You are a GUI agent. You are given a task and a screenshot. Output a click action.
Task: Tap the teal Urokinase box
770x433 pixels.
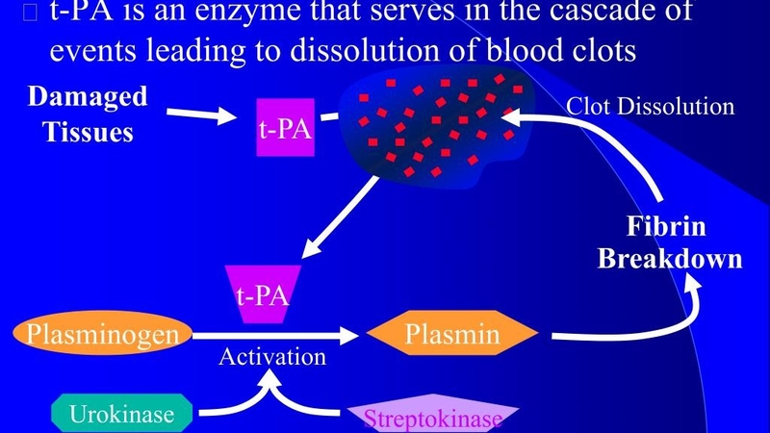click(x=127, y=414)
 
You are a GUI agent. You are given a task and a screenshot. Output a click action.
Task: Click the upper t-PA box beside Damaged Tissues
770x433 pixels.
click(x=285, y=127)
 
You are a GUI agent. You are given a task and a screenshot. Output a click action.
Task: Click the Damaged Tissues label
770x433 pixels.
click(x=87, y=114)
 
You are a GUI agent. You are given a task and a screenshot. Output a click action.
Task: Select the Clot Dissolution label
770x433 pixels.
click(x=650, y=106)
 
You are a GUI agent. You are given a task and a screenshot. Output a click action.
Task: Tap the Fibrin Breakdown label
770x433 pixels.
click(x=670, y=243)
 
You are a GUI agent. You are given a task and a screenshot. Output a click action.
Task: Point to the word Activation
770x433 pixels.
click(x=272, y=358)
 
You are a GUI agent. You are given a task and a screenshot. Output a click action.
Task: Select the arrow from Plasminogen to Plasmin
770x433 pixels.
click(x=274, y=336)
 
